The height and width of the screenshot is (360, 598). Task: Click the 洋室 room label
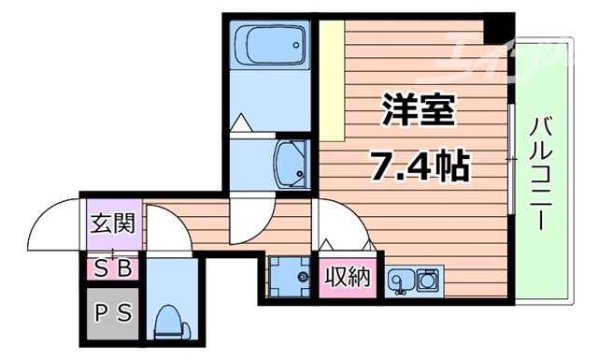[x=418, y=113]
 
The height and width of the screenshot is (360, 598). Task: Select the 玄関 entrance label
[x=112, y=224]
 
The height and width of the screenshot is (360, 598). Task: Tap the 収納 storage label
[x=348, y=278]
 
